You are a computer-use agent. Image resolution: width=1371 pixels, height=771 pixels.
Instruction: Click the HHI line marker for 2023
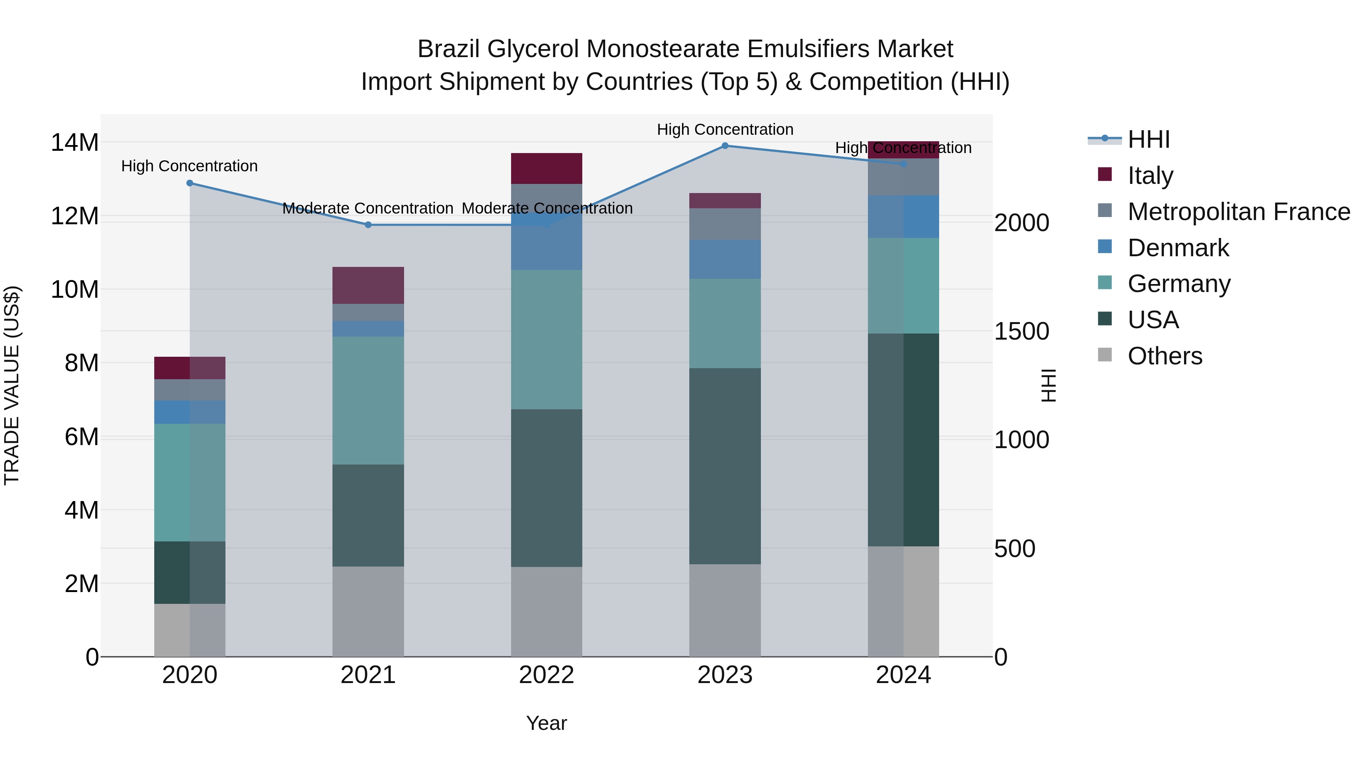point(725,146)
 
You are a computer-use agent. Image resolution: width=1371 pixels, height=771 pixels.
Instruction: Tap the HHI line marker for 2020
point(190,183)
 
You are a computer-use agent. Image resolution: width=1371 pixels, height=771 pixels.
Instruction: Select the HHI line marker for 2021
point(368,225)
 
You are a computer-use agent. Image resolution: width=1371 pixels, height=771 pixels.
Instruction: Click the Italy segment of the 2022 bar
point(546,169)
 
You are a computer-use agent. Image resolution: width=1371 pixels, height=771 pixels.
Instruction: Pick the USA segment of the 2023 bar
point(725,466)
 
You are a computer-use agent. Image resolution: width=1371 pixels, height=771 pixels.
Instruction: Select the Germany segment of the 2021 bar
point(368,401)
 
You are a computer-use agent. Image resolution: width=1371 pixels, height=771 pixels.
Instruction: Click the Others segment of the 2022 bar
point(546,612)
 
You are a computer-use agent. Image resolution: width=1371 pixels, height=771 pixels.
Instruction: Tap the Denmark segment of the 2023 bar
point(725,259)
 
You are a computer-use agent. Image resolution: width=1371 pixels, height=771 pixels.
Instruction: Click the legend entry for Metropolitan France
point(1238,212)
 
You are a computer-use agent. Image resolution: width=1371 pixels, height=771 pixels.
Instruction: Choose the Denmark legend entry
point(1178,248)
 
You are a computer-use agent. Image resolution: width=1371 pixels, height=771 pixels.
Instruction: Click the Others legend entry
point(1165,356)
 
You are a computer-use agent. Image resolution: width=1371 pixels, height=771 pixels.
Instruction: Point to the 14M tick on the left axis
point(75,143)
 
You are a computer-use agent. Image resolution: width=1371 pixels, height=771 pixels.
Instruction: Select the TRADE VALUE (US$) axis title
point(12,385)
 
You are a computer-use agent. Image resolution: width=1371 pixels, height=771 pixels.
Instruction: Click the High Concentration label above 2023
point(725,129)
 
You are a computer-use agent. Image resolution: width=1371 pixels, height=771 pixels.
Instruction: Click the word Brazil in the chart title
point(448,49)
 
